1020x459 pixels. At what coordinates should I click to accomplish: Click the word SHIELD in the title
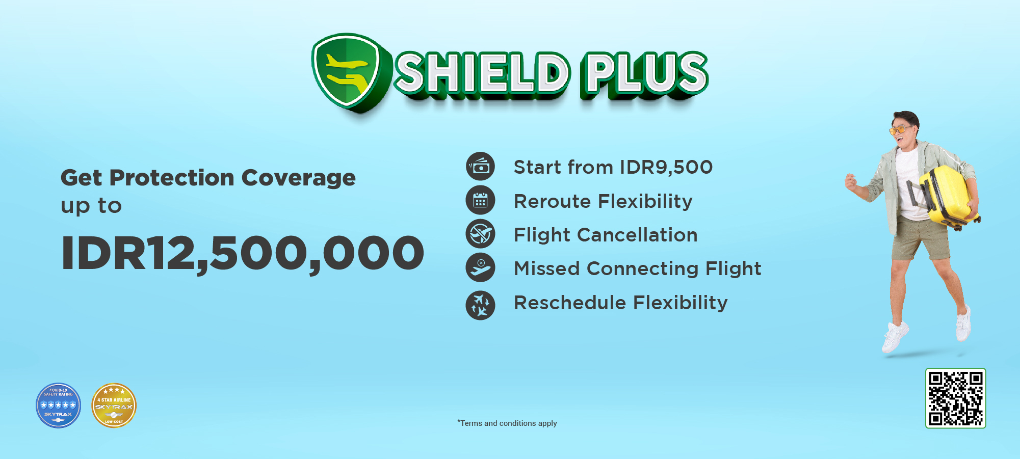[x=482, y=74]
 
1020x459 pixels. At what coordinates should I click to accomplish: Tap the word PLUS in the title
[x=645, y=74]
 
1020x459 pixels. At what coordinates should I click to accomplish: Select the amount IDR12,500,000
[x=242, y=253]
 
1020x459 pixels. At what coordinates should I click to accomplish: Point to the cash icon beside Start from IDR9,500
[x=480, y=166]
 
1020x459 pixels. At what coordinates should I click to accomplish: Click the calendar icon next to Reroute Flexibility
[x=480, y=200]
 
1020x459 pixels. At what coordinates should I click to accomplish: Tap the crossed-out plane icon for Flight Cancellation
[x=480, y=234]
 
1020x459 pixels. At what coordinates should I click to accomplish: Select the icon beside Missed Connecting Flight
[x=480, y=267]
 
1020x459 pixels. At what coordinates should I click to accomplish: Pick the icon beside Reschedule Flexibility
[x=480, y=305]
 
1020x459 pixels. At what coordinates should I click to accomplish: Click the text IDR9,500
[x=666, y=167]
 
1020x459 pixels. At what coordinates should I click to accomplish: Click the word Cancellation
[x=637, y=235]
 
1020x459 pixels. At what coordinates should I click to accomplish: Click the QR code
[x=955, y=398]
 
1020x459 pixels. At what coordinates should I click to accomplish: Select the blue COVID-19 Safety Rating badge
[x=58, y=406]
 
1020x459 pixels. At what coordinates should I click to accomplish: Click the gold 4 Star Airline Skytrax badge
[x=114, y=406]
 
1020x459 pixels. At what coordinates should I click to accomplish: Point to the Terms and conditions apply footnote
[x=507, y=423]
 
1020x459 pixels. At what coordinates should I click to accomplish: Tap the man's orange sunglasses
[x=900, y=130]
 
